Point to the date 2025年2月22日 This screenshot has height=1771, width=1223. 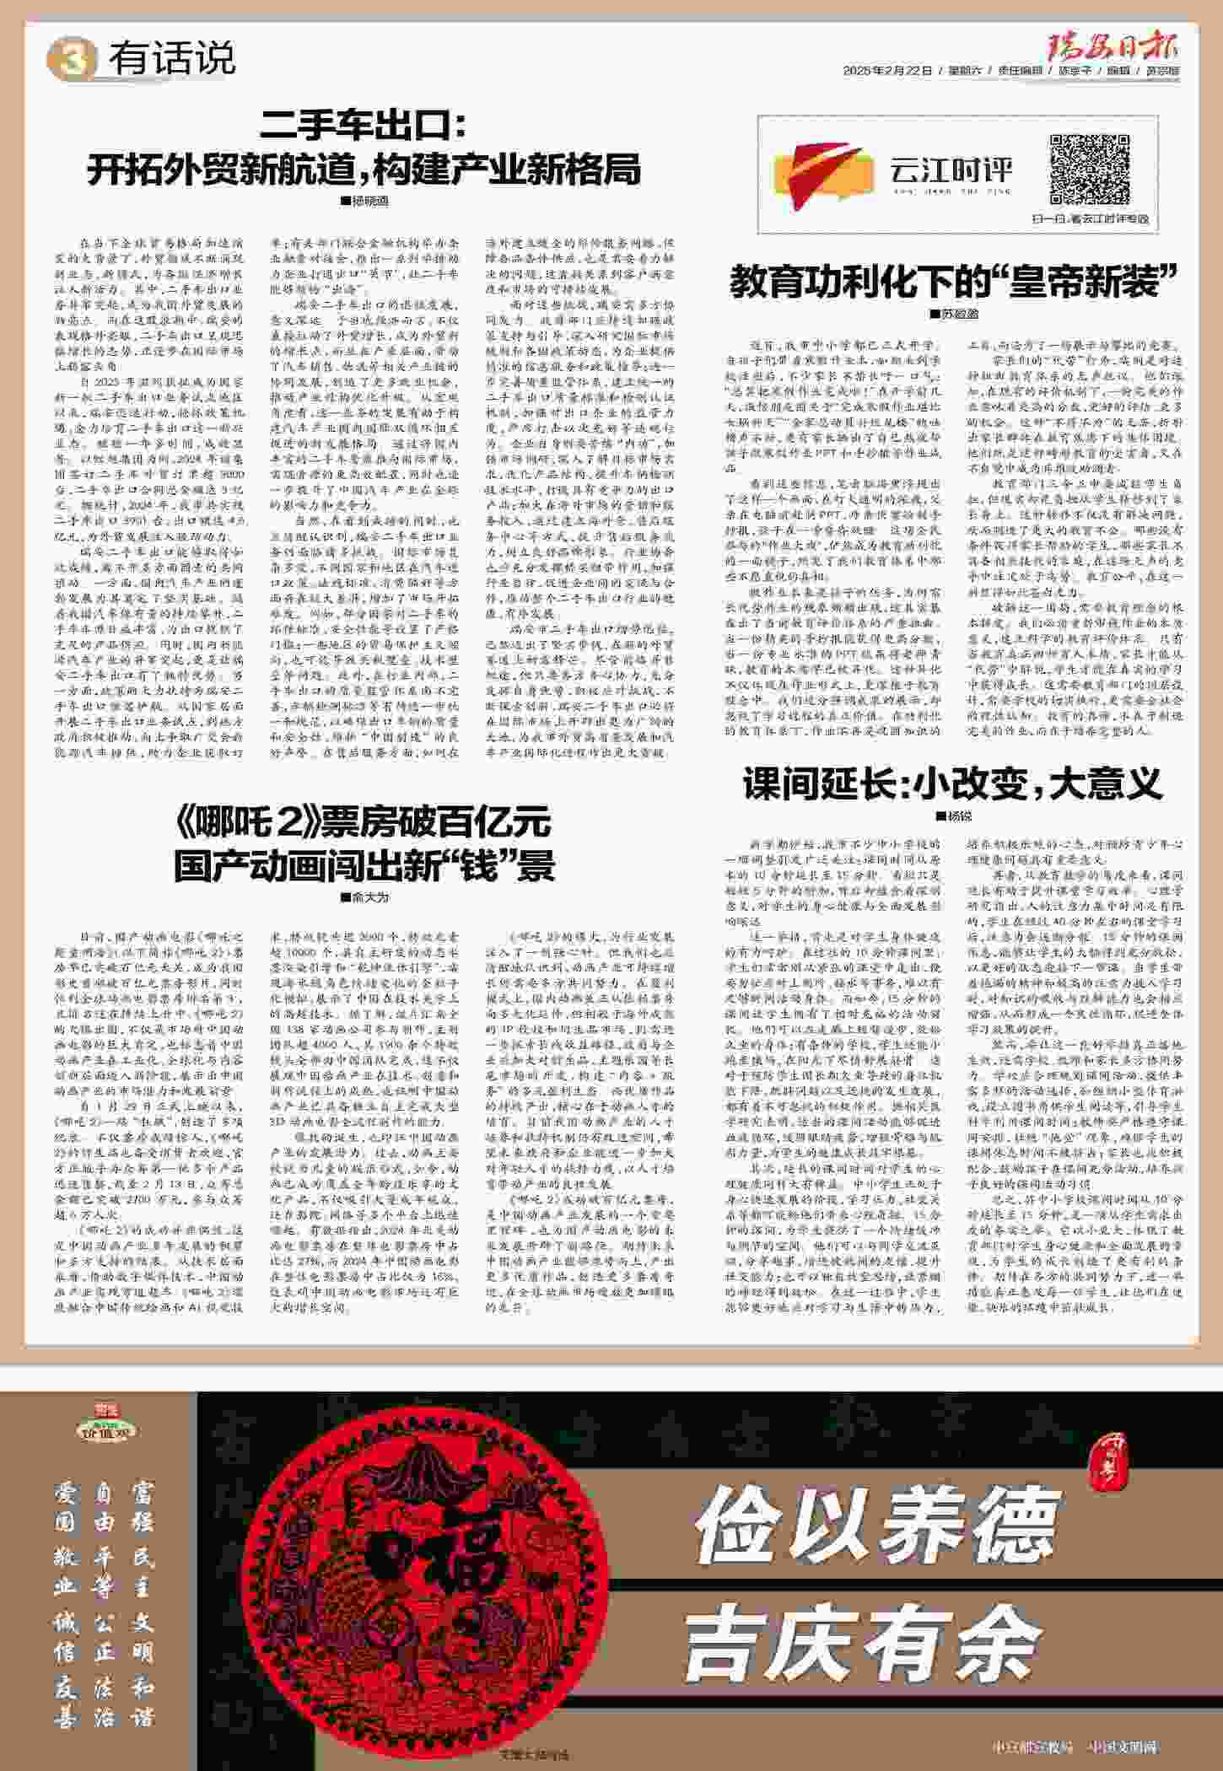point(887,72)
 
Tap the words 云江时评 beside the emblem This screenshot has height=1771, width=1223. point(951,171)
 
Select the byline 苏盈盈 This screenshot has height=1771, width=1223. point(951,314)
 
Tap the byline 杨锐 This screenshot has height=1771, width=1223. point(955,816)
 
